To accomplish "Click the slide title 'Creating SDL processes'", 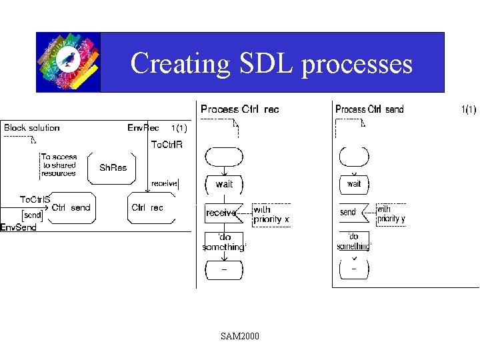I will [271, 63].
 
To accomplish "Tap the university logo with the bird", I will [68, 62].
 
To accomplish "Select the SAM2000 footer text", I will [240, 336].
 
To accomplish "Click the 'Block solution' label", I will [32, 127].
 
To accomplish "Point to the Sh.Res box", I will [113, 167].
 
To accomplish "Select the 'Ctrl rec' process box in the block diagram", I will [148, 207].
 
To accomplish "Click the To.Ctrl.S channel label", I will [35, 199].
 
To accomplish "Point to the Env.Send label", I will [18, 227].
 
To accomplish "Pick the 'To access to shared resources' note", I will [59, 165].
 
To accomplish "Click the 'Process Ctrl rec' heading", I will [239, 109].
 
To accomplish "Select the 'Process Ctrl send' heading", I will [369, 109].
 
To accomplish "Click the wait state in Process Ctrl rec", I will [225, 183].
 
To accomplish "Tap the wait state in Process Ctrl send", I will [354, 183].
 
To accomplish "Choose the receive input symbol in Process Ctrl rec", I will [222, 213].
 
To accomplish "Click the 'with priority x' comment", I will [271, 214].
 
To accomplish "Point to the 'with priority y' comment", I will [391, 213].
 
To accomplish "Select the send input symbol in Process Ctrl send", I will [349, 212].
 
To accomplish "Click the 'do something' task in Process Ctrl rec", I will [224, 242].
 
